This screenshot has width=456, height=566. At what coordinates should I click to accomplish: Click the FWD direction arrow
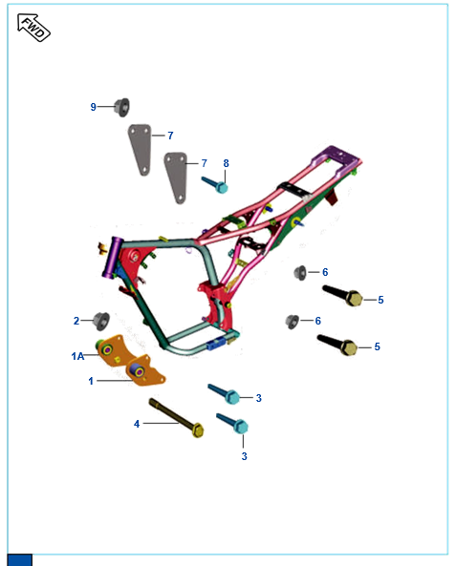(x=33, y=28)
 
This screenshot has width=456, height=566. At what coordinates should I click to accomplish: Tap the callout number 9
(x=94, y=107)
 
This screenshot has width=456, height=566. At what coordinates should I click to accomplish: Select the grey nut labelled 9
(x=121, y=107)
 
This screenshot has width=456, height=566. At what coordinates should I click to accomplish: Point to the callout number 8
(x=226, y=163)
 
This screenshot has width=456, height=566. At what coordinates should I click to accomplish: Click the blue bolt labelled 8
(x=215, y=185)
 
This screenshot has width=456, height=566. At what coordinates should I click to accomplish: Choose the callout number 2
(x=76, y=321)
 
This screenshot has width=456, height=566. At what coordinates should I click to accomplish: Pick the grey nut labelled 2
(x=101, y=321)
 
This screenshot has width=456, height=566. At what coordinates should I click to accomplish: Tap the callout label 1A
(x=77, y=356)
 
